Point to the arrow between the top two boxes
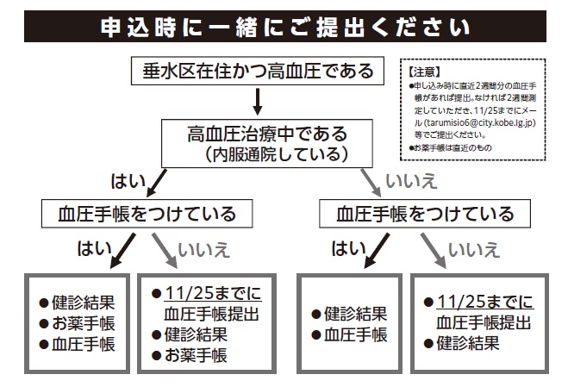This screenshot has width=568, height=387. pyautogui.click(x=258, y=102)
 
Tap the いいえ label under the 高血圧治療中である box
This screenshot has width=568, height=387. pyautogui.click(x=411, y=181)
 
